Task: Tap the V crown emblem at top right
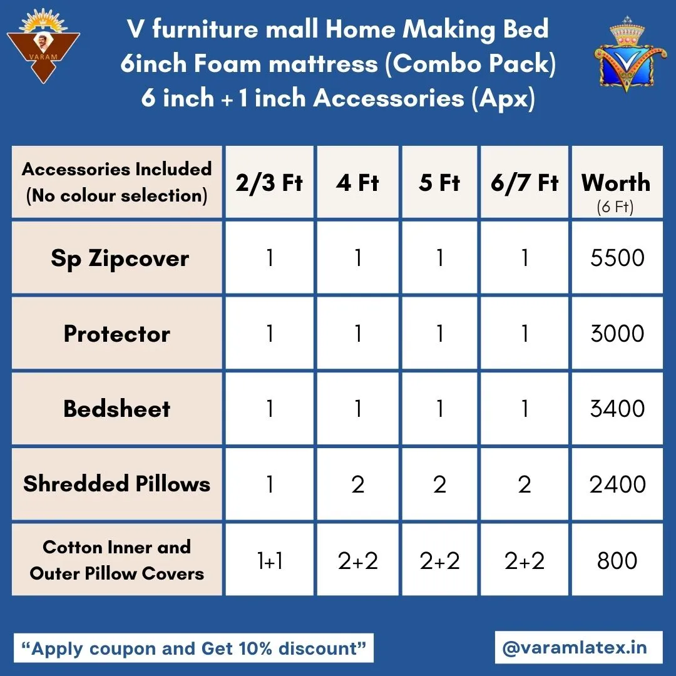(x=627, y=54)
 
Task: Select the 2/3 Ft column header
(x=269, y=182)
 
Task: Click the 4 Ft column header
(x=357, y=182)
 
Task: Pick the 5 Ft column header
(x=439, y=182)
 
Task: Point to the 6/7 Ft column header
(x=525, y=182)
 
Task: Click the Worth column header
(x=616, y=182)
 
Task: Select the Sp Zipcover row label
(x=120, y=259)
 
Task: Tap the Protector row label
(x=117, y=334)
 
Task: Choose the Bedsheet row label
(x=117, y=409)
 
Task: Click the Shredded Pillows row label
(x=117, y=484)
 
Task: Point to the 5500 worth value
(x=617, y=258)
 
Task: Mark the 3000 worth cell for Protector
(x=617, y=333)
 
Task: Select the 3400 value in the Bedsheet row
(x=617, y=408)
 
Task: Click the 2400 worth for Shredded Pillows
(x=617, y=484)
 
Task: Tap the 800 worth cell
(x=617, y=560)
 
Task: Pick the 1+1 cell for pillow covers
(x=270, y=561)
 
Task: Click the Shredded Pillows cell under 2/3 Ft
(x=270, y=484)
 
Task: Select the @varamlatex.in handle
(x=575, y=648)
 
